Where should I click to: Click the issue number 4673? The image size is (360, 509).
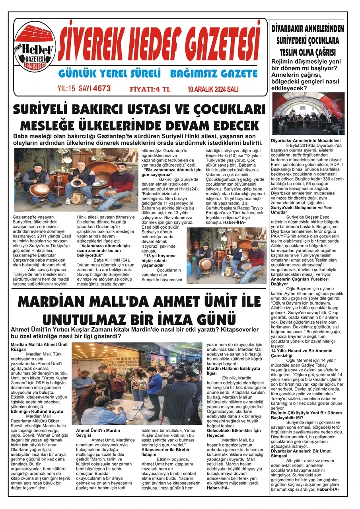(x=101, y=88)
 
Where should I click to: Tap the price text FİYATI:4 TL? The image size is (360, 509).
(x=150, y=89)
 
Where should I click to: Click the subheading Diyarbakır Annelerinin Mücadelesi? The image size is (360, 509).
(x=306, y=141)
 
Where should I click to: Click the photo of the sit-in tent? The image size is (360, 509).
(x=308, y=114)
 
